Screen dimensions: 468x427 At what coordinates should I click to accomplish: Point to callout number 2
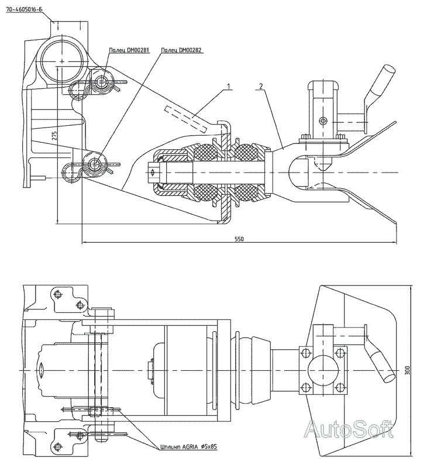coord(261,86)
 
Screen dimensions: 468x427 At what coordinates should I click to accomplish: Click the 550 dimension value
coord(238,239)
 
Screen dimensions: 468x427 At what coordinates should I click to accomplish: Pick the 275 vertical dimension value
coord(54,136)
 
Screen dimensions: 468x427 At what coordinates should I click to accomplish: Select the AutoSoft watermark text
coord(350,430)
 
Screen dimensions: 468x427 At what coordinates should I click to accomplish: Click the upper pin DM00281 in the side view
coord(103,82)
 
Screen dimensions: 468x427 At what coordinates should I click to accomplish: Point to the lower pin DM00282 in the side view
coord(95,164)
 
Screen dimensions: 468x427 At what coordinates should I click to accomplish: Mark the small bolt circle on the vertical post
coord(322,122)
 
